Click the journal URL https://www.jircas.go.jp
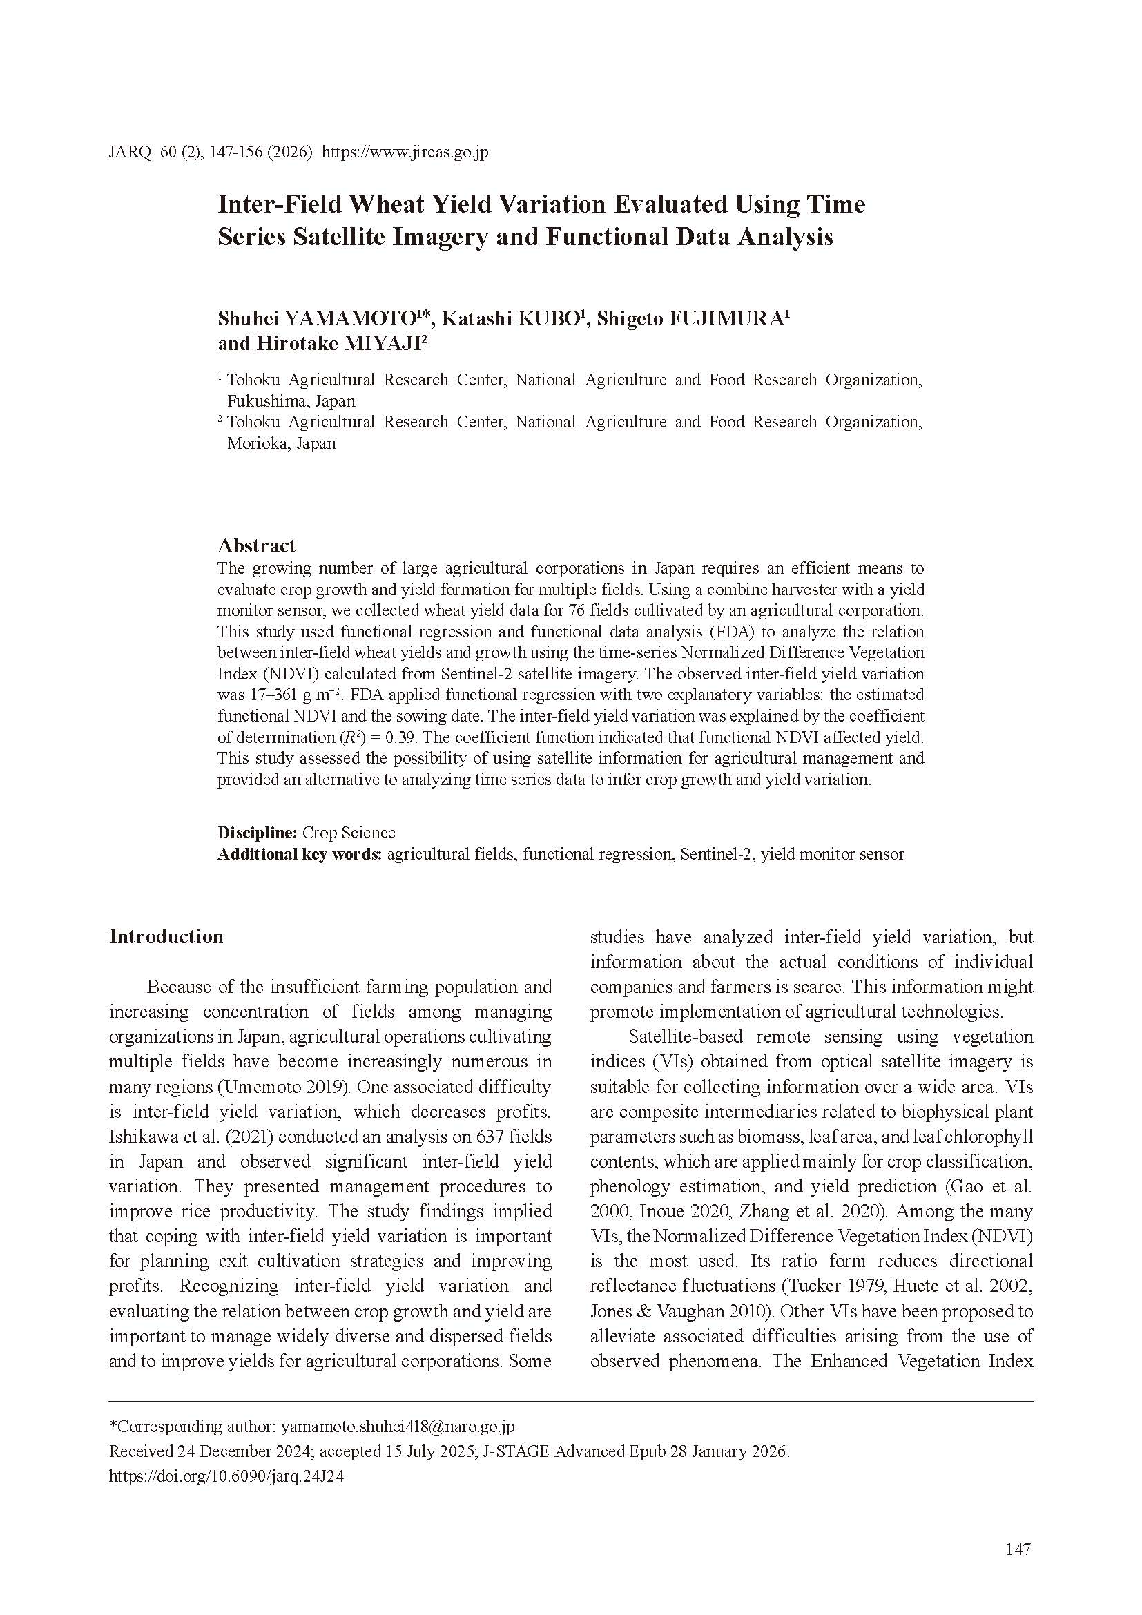point(405,153)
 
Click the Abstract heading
point(256,546)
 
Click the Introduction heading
point(166,937)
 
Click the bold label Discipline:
point(258,833)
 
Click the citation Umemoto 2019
point(283,1087)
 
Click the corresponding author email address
point(397,1427)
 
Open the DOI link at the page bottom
point(226,1476)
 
